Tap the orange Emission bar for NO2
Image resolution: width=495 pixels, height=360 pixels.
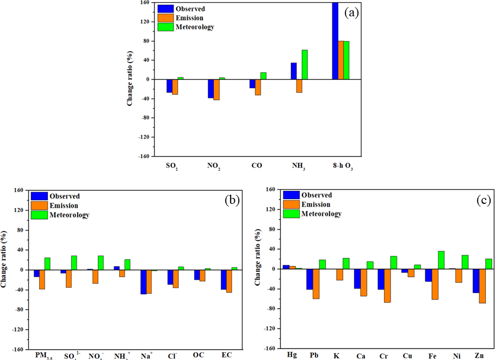click(x=216, y=90)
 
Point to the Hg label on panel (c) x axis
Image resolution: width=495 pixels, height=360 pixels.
click(x=292, y=356)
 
